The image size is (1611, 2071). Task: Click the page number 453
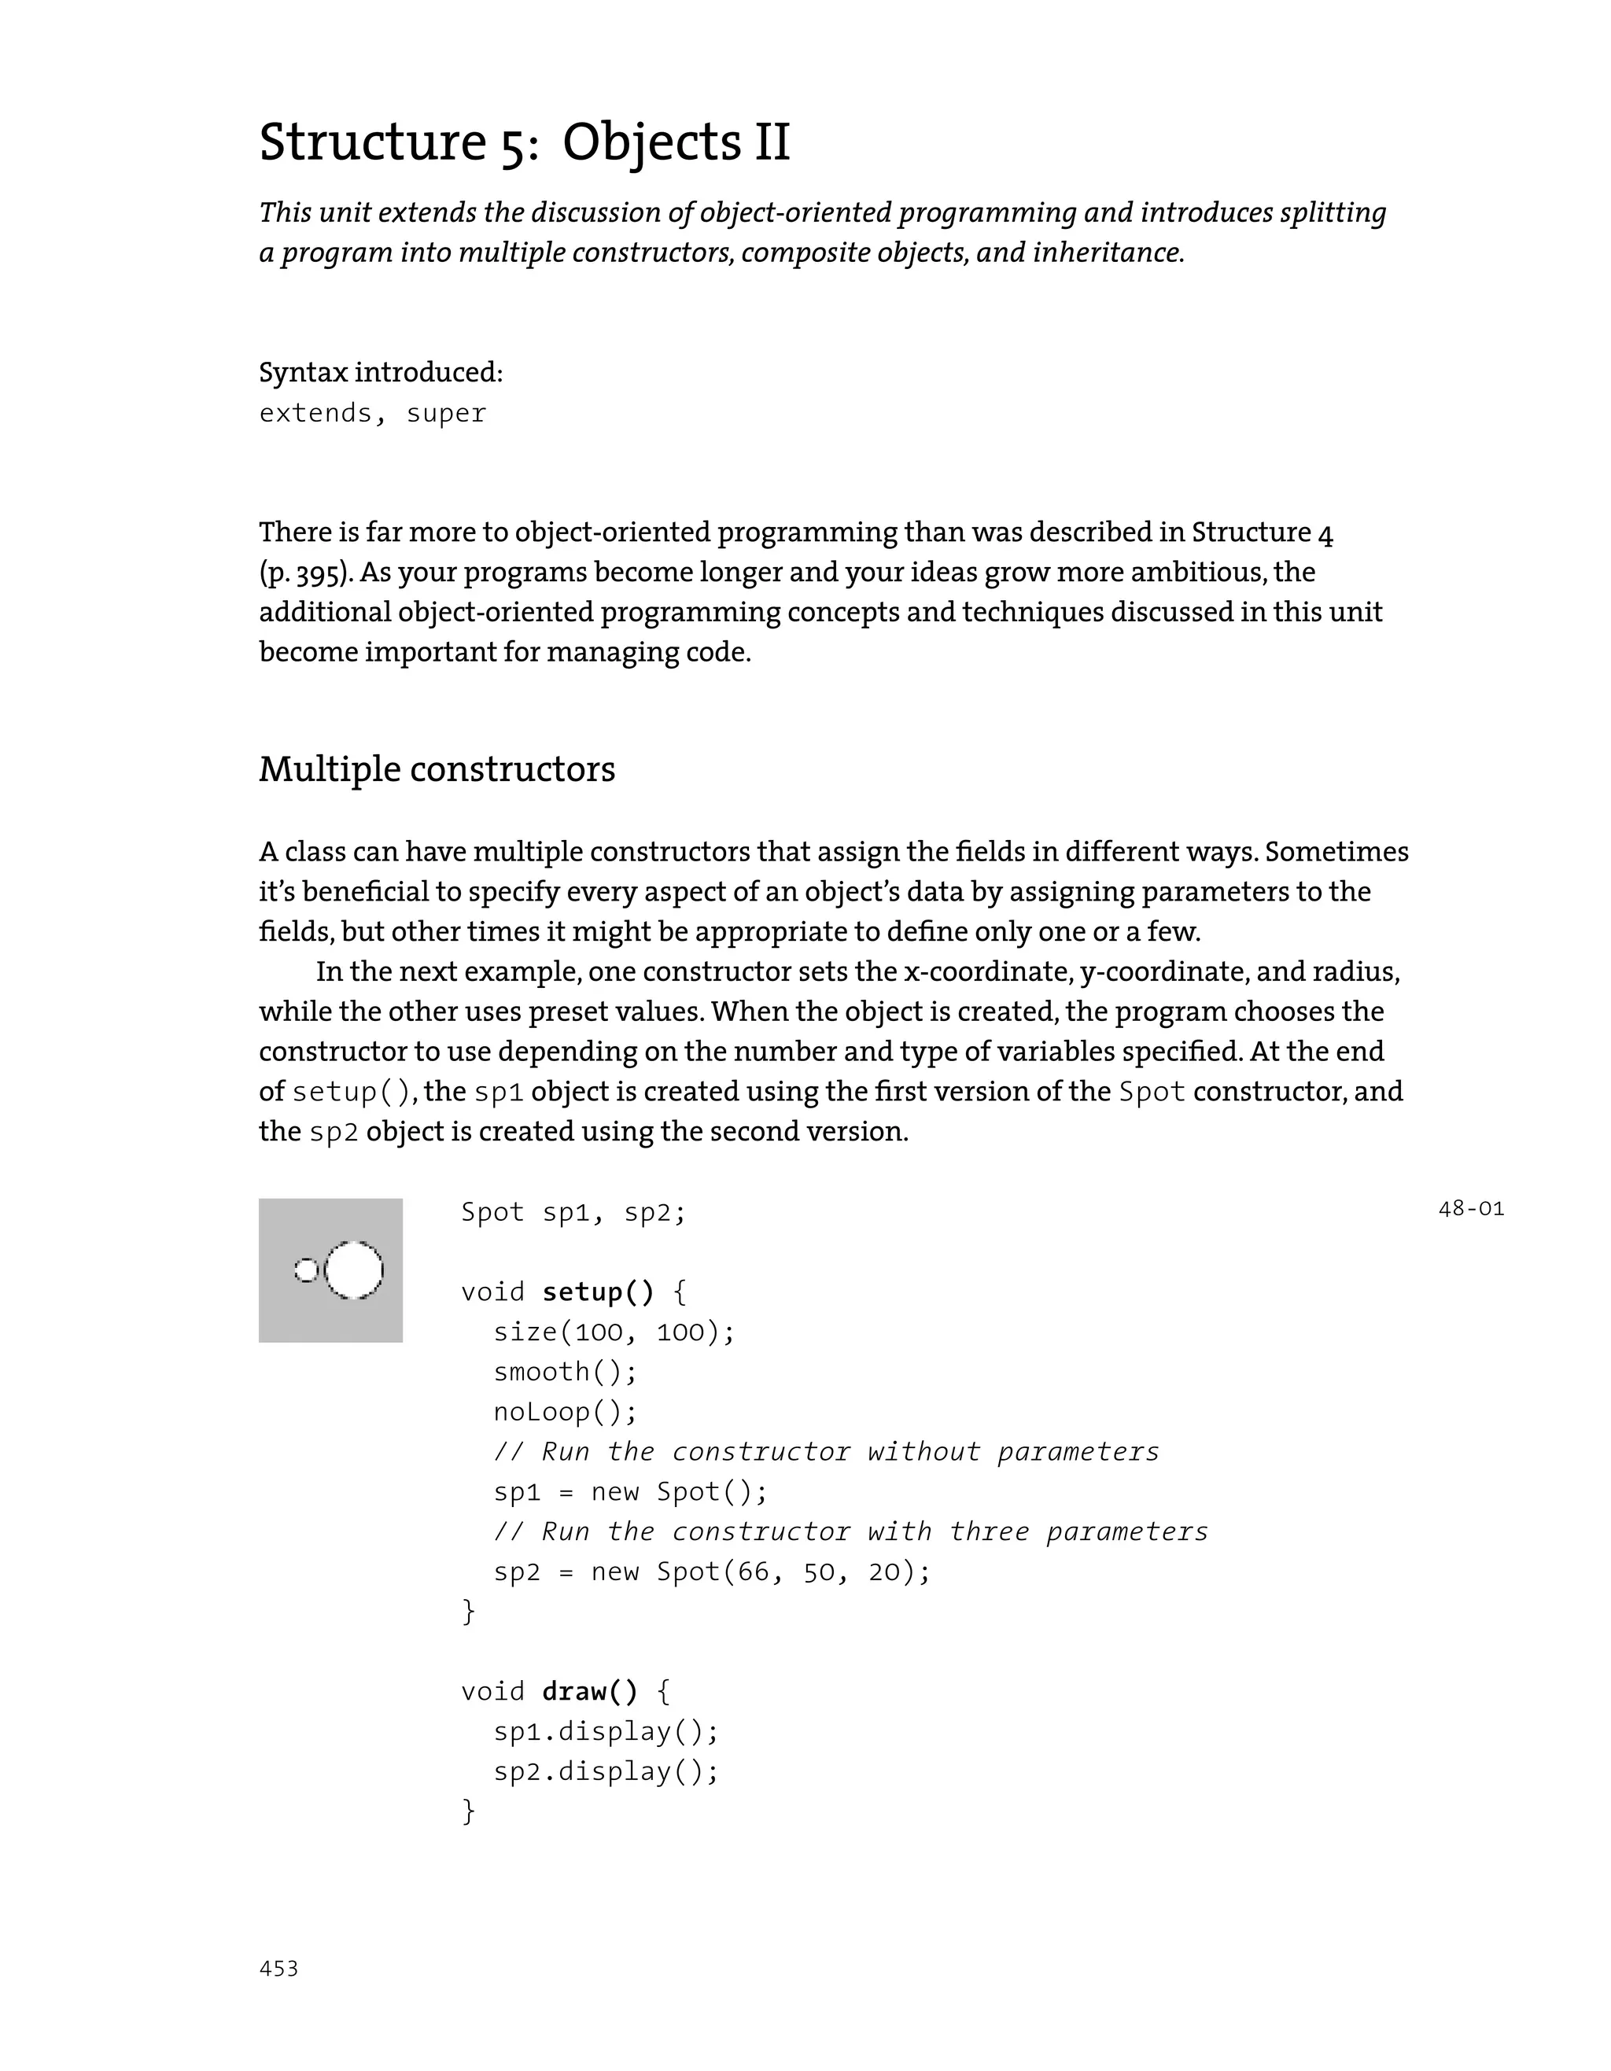click(x=278, y=1969)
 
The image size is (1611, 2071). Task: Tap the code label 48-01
click(x=1471, y=1209)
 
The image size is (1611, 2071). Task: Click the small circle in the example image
click(x=306, y=1270)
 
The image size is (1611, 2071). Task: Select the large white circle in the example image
click(x=354, y=1270)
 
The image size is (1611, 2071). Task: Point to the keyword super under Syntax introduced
click(x=446, y=414)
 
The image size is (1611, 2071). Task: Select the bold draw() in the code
click(x=590, y=1692)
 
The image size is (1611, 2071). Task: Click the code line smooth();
click(x=565, y=1372)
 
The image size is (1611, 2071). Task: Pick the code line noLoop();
click(x=565, y=1412)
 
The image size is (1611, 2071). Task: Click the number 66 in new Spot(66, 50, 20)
click(x=754, y=1572)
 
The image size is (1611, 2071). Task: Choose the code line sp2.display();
click(x=606, y=1771)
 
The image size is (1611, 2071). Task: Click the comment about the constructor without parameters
click(x=826, y=1452)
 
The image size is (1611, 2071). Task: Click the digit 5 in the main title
click(x=513, y=144)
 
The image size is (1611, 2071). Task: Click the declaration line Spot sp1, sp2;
click(x=573, y=1213)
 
